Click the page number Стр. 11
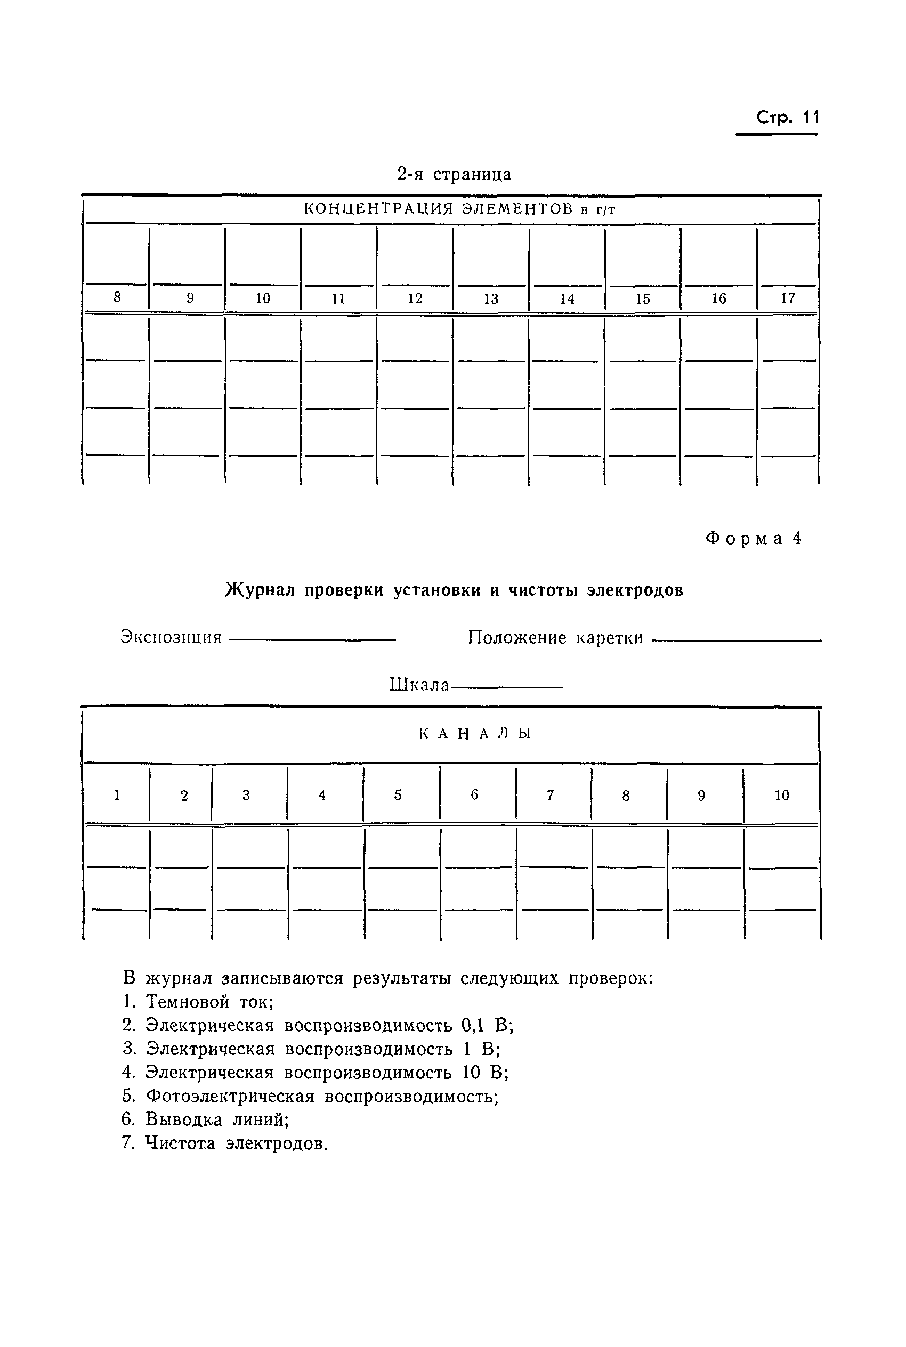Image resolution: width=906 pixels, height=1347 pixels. [x=787, y=118]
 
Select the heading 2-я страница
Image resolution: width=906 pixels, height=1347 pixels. [x=454, y=174]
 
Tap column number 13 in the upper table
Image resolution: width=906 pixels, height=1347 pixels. [x=490, y=298]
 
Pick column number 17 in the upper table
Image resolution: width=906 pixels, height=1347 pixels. [x=788, y=298]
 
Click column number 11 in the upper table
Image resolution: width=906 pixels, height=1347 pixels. [x=338, y=298]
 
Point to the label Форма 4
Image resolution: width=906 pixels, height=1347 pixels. [x=754, y=538]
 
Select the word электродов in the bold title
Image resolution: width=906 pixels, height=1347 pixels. [x=634, y=590]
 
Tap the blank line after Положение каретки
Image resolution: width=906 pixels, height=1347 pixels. [x=736, y=639]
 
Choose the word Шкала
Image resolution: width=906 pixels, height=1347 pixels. [x=419, y=685]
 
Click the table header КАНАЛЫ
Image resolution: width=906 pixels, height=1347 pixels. [x=474, y=734]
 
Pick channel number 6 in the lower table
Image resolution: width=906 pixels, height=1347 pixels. [x=474, y=795]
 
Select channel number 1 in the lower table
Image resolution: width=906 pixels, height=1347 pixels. [x=117, y=795]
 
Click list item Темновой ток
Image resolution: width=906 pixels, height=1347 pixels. [x=208, y=1001]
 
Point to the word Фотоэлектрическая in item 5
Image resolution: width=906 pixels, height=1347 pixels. [x=230, y=1096]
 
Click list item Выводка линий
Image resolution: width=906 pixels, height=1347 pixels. [x=217, y=1119]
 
